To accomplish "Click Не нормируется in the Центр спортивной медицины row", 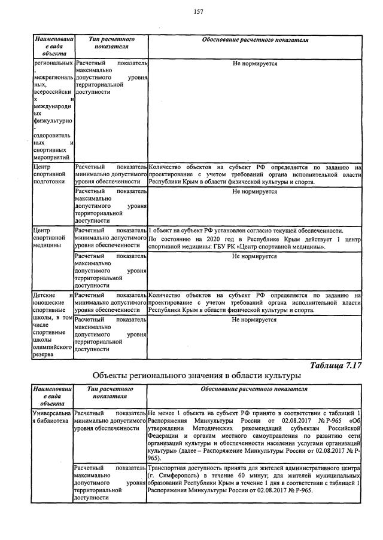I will [x=254, y=256].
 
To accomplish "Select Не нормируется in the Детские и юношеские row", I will [x=254, y=320].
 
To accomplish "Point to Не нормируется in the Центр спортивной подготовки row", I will [x=254, y=192].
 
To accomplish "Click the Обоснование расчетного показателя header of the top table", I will [x=254, y=40].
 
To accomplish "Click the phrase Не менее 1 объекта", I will [x=173, y=413].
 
